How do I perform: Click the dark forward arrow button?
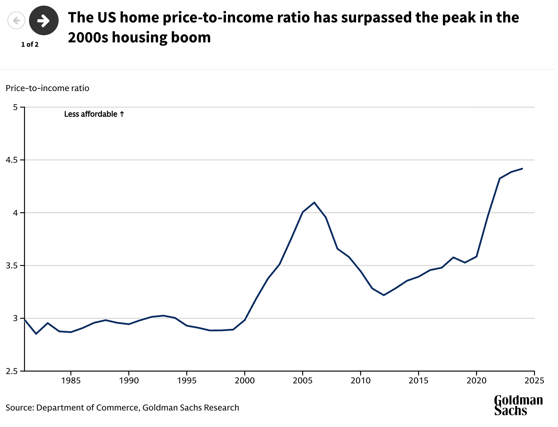(44, 21)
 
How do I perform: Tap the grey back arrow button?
(16, 21)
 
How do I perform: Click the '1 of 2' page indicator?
(30, 45)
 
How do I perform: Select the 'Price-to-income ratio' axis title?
(47, 88)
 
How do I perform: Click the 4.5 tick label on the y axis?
(12, 160)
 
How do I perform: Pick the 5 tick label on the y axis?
(15, 107)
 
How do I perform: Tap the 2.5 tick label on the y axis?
(12, 371)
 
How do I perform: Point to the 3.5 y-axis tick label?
(12, 266)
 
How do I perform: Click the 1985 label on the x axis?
(71, 381)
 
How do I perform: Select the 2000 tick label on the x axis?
(245, 381)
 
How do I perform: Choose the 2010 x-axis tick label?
(361, 381)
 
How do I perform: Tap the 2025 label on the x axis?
(534, 381)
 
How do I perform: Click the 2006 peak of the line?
(314, 202)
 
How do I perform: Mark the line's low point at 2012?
(384, 295)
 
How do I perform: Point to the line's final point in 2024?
(522, 169)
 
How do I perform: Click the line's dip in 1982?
(36, 334)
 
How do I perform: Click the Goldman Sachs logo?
(518, 405)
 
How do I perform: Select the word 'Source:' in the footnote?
(20, 408)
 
